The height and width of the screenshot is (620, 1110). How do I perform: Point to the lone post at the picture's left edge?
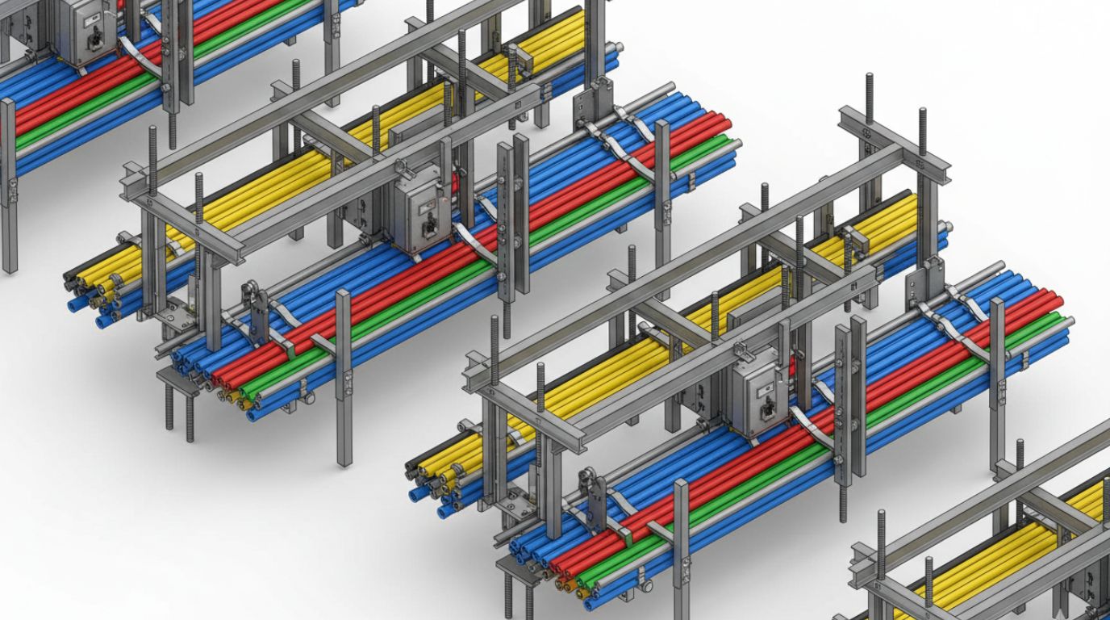click(x=8, y=186)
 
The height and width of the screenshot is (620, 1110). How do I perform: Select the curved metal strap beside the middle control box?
click(x=476, y=243)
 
